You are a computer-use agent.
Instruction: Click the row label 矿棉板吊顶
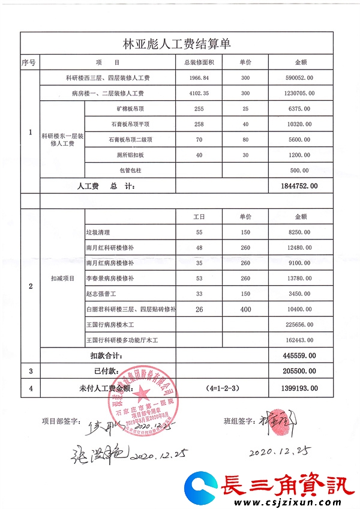(x=131, y=109)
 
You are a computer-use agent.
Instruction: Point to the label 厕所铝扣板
(x=131, y=155)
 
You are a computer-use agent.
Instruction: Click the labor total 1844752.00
(x=299, y=187)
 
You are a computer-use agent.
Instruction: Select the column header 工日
(x=199, y=216)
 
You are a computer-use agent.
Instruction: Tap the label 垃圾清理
(x=98, y=232)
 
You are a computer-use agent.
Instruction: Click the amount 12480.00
(x=299, y=247)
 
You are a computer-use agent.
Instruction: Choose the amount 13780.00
(x=299, y=279)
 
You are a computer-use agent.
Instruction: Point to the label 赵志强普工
(x=102, y=294)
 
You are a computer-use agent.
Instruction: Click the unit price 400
(x=245, y=309)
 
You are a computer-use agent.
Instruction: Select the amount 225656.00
(x=299, y=325)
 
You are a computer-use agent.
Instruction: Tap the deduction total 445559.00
(x=299, y=356)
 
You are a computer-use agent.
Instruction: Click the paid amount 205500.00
(x=299, y=372)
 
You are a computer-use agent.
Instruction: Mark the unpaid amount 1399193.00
(x=299, y=389)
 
